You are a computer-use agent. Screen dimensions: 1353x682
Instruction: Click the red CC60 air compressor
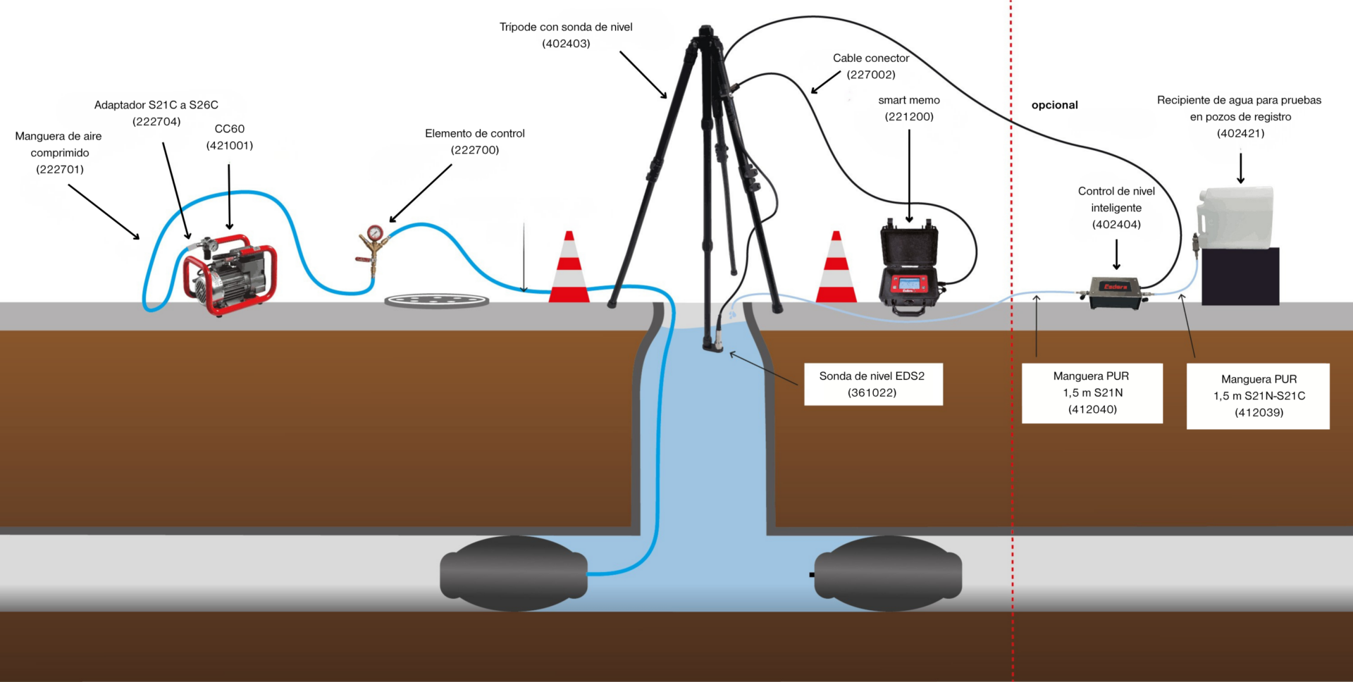pyautogui.click(x=229, y=275)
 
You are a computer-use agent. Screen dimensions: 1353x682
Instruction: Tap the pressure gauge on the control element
pyautogui.click(x=375, y=232)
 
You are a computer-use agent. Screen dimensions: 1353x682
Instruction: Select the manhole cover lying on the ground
pyautogui.click(x=437, y=301)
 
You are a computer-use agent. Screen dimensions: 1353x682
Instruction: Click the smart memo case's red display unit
pyautogui.click(x=908, y=284)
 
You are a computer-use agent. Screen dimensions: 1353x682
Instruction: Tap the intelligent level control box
pyautogui.click(x=1114, y=292)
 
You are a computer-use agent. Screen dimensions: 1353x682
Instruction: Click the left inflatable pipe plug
pyautogui.click(x=514, y=573)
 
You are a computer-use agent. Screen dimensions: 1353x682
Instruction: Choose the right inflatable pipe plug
pyautogui.click(x=887, y=573)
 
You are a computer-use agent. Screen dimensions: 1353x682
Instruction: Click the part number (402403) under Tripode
pyautogui.click(x=566, y=44)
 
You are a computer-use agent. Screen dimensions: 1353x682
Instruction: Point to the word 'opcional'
pyautogui.click(x=1054, y=105)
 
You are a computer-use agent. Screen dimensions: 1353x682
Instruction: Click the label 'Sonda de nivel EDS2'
pyautogui.click(x=872, y=376)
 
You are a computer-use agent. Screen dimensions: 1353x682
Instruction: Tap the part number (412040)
pyautogui.click(x=1092, y=409)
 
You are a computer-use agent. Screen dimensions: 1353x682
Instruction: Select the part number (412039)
pyautogui.click(x=1259, y=412)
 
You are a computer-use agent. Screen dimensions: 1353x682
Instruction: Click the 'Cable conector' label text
pyautogui.click(x=871, y=58)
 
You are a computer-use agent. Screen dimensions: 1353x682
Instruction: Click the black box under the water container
pyautogui.click(x=1240, y=276)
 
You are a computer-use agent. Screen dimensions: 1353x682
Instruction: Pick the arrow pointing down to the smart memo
pyautogui.click(x=909, y=176)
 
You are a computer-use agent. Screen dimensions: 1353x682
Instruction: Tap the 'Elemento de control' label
pyautogui.click(x=475, y=133)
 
